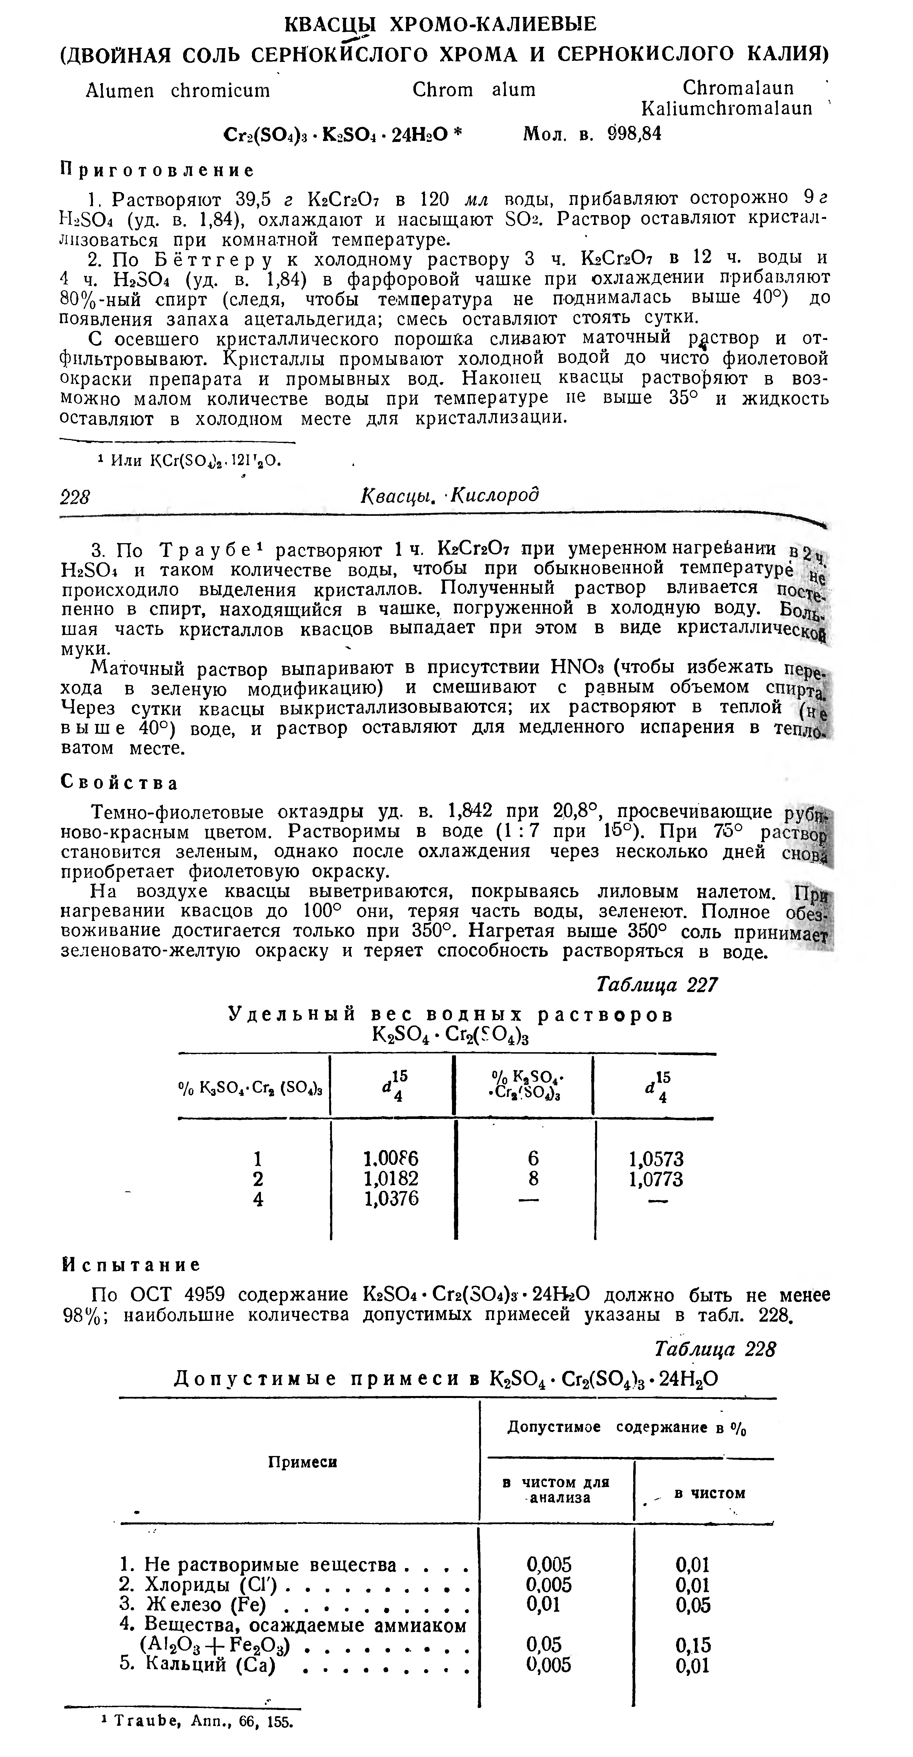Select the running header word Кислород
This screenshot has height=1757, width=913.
(496, 494)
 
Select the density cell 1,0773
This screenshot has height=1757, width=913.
(656, 1179)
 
